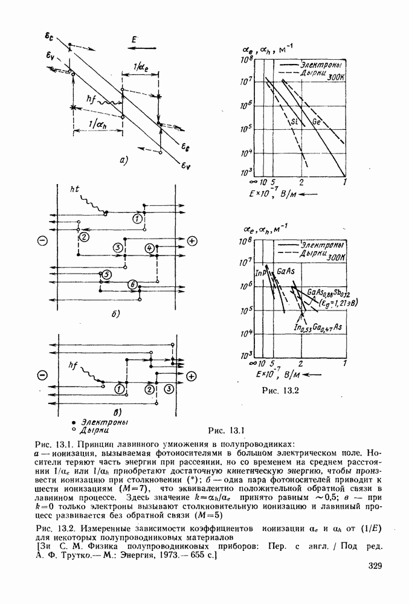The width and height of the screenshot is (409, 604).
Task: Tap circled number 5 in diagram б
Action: (x=106, y=275)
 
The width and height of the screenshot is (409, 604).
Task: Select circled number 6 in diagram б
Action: (x=132, y=284)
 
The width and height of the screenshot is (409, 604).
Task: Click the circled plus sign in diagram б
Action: (x=192, y=241)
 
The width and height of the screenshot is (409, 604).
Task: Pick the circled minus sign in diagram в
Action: (x=42, y=375)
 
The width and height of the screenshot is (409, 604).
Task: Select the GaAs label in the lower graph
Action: (x=285, y=273)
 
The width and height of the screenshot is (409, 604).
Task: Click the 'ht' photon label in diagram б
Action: (x=75, y=190)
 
